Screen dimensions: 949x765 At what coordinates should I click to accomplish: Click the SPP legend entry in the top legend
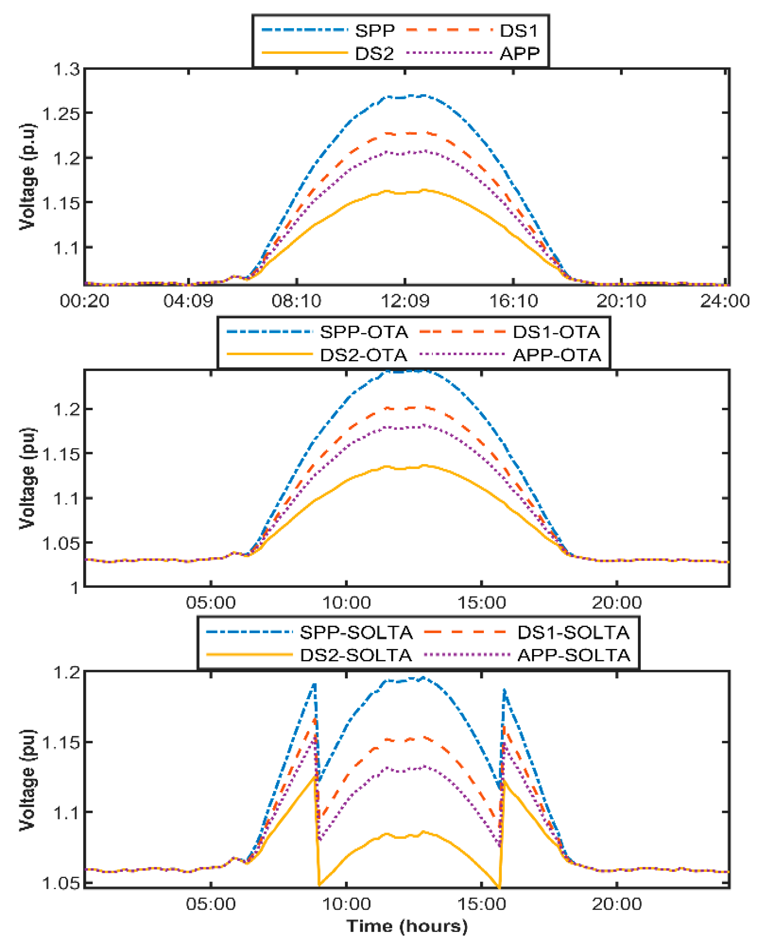[375, 31]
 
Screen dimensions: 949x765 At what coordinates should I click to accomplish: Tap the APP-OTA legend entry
[556, 355]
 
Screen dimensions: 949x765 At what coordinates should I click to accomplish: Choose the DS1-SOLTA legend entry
[573, 632]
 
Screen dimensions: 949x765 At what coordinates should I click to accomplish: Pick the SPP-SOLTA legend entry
[356, 632]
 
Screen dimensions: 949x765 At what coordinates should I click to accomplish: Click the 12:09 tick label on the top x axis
[404, 301]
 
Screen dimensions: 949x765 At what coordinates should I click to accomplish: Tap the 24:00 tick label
[724, 301]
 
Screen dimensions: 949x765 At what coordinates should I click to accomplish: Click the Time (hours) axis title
[406, 926]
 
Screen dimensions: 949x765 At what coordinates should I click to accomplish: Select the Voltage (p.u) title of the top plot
[27, 176]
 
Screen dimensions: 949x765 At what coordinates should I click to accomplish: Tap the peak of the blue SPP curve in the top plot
[423, 95]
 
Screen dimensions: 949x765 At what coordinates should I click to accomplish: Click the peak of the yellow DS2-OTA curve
[424, 465]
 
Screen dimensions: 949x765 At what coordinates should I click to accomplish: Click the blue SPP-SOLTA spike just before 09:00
[314, 684]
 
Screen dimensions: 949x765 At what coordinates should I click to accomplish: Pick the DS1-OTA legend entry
[556, 332]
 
